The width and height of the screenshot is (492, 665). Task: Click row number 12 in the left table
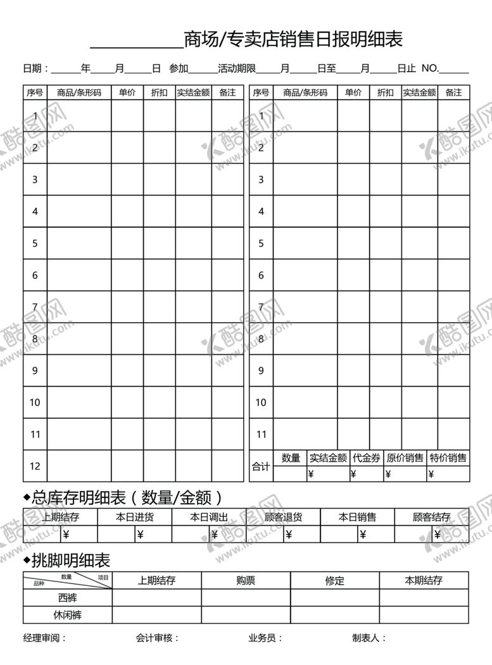coord(35,466)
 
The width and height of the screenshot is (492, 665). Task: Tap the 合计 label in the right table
coord(261,467)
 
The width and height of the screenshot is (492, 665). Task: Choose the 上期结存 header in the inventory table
coord(60,518)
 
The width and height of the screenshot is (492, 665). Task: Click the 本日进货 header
coord(135,518)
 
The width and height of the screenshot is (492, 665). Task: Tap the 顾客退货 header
coord(283,518)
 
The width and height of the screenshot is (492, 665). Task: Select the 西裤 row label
coord(68,597)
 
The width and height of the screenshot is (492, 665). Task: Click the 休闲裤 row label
coord(68,614)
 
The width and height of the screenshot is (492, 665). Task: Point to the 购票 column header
coord(246,580)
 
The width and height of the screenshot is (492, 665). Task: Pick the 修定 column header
coord(334,580)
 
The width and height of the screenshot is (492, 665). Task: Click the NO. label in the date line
coord(429,68)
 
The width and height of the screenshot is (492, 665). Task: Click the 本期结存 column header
coord(424,580)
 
